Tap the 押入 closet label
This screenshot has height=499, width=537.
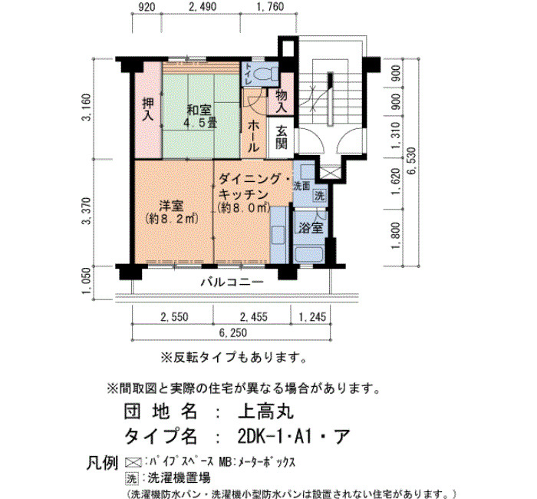[x=148, y=109]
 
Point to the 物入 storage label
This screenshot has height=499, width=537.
[x=282, y=101]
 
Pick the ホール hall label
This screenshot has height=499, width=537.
[x=253, y=136]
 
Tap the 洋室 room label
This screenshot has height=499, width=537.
[x=172, y=212]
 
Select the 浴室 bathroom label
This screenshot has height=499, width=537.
[x=311, y=228]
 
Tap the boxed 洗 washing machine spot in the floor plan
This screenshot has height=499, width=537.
[x=320, y=196]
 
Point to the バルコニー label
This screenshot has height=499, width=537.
[x=232, y=282]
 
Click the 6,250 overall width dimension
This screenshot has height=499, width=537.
[x=233, y=332]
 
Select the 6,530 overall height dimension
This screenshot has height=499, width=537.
[x=412, y=161]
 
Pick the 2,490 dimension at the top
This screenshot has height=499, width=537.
[x=203, y=6]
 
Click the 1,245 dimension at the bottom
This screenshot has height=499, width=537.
[x=313, y=317]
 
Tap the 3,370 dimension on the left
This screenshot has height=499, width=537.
[x=86, y=211]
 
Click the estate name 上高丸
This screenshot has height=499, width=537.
[x=266, y=411]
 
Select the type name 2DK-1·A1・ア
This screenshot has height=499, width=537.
[x=294, y=436]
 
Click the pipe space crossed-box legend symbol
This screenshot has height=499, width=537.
[x=133, y=462]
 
